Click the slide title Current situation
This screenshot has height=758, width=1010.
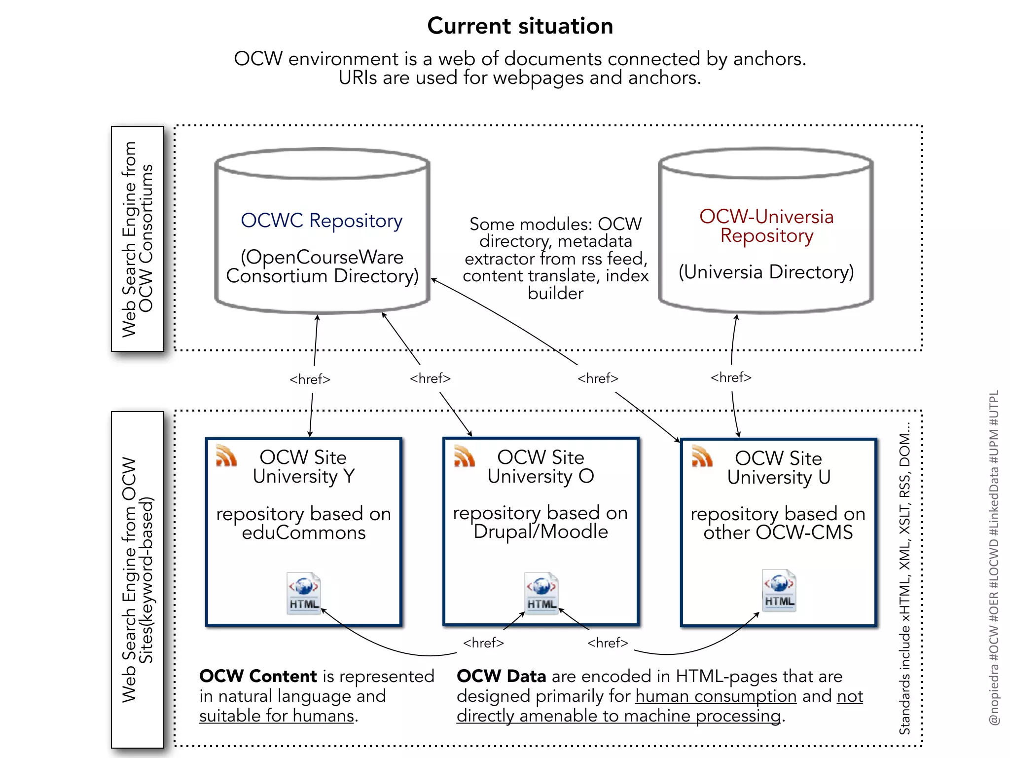520,26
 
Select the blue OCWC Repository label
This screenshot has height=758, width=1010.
322,221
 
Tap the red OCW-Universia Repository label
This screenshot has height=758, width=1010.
766,226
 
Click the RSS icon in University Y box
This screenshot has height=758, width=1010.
226,455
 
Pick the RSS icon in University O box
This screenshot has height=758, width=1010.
464,455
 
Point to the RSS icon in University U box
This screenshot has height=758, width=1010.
702,456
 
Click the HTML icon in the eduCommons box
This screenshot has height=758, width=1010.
304,594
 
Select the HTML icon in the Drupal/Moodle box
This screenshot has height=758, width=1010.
541,594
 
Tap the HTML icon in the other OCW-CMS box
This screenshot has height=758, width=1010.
779,591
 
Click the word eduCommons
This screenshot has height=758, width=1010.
304,533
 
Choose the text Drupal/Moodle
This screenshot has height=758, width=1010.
541,532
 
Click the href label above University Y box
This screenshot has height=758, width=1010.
310,379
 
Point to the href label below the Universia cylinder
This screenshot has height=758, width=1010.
731,378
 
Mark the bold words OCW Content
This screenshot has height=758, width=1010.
258,676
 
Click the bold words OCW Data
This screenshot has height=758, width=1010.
501,676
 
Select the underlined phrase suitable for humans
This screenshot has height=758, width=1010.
277,716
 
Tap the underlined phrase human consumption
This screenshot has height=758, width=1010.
716,696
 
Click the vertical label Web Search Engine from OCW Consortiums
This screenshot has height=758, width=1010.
138,239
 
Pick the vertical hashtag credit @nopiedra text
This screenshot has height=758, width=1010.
994,558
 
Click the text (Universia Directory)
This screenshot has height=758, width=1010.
766,272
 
